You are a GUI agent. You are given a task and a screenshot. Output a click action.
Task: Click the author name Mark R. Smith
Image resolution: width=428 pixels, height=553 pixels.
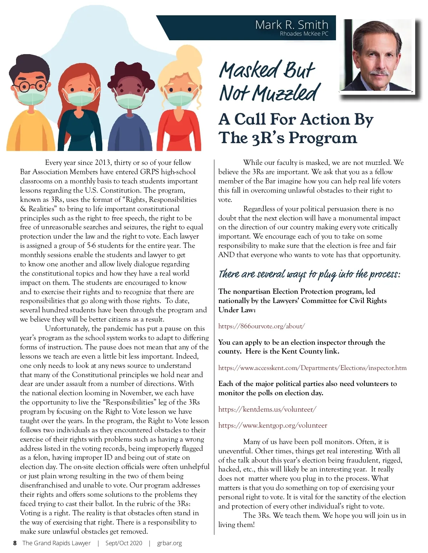tap(291, 25)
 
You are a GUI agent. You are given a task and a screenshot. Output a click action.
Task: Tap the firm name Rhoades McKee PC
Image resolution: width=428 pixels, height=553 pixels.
tap(304, 34)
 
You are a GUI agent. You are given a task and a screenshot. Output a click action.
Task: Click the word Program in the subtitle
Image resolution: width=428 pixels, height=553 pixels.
tap(323, 138)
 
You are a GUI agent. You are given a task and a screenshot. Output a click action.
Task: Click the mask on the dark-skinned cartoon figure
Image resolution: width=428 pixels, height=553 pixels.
tap(130, 101)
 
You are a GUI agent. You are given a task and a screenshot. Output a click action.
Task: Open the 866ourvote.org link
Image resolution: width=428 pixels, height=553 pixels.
tap(261, 326)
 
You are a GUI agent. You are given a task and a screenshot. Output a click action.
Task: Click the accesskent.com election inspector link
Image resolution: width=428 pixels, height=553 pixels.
tap(312, 368)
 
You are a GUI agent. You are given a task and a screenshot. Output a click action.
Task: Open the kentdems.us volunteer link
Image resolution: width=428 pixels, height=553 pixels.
tap(267, 409)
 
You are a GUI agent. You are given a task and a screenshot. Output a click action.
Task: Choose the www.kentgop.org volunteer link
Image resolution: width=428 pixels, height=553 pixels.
tap(272, 426)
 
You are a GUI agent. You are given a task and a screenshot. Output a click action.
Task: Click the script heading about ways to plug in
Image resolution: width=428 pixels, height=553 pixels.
tap(309, 274)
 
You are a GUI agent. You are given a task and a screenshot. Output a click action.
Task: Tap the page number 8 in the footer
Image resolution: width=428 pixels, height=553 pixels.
tap(15, 543)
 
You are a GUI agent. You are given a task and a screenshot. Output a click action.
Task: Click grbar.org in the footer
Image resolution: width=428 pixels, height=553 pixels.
tap(169, 543)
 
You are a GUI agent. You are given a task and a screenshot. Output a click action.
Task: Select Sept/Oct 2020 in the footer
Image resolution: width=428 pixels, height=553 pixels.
tap(124, 543)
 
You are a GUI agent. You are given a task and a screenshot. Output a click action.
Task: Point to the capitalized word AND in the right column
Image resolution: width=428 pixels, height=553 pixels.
tap(226, 255)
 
